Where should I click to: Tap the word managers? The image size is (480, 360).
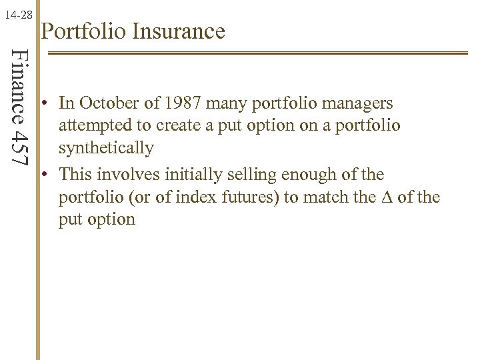[x=359, y=104]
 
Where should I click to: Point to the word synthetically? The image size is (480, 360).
[x=106, y=147]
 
